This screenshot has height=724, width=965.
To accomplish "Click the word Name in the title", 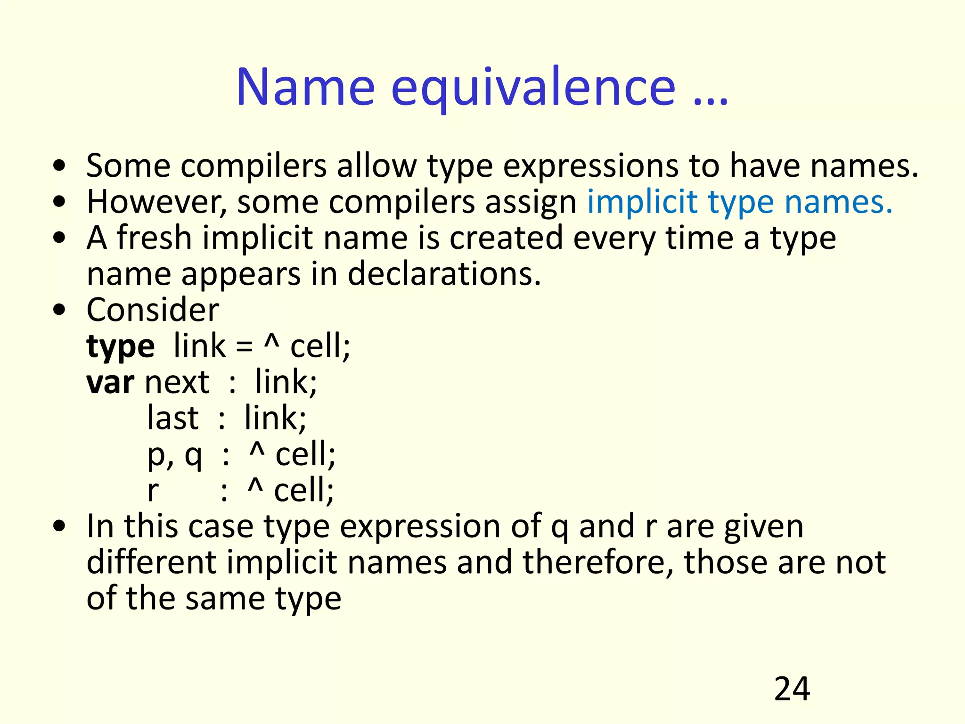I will point(305,88).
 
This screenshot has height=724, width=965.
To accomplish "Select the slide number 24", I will point(792,689).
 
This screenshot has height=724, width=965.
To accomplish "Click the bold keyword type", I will point(121,347).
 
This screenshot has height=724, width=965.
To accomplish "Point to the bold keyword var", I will point(110,383).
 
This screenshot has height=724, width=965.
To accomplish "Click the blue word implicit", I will point(642,202).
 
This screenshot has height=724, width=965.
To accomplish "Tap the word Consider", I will point(153,310).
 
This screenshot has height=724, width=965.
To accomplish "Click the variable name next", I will point(177,383).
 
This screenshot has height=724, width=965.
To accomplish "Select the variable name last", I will point(172,419).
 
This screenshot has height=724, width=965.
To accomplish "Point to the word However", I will point(156,202).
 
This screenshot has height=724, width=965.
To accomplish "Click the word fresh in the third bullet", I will point(154,238).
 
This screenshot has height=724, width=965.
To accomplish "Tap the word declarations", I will point(444,274).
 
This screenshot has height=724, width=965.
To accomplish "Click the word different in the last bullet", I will point(151,562).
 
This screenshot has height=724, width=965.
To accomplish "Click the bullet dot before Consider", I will point(59,310).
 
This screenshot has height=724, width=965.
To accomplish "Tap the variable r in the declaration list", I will point(153,491).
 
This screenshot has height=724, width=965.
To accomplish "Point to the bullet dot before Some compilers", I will point(59,166).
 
